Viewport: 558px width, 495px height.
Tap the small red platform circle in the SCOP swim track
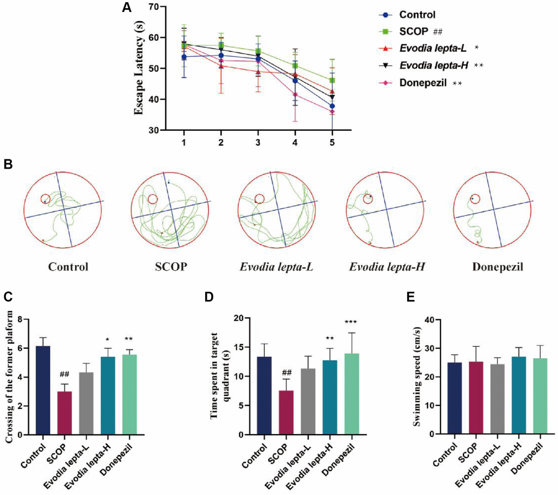(x=153, y=200)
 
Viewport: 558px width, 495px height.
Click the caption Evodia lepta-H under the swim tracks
(x=387, y=268)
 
